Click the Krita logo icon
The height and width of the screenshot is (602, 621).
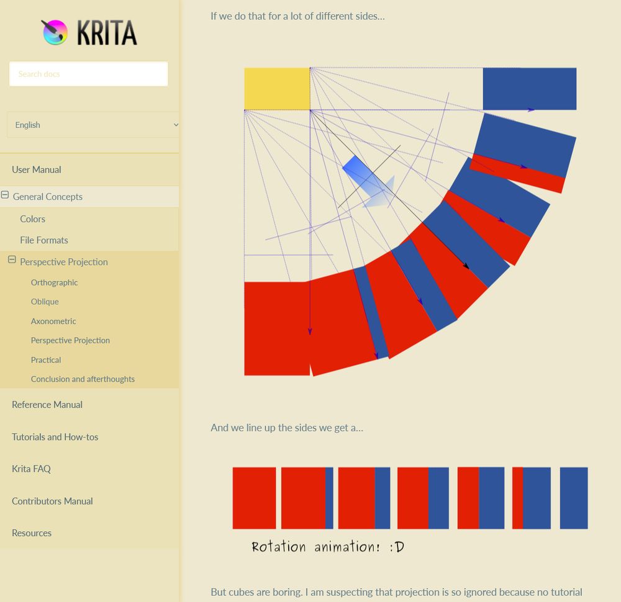[x=55, y=32]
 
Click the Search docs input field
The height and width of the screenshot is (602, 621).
[x=88, y=74]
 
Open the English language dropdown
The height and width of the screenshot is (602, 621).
[x=93, y=125]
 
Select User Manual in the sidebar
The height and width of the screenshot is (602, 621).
[x=37, y=169]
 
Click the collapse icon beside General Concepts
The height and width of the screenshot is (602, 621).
[x=5, y=195]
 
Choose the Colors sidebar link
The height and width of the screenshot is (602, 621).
[x=32, y=219]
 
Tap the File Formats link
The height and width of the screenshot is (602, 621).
[x=44, y=240]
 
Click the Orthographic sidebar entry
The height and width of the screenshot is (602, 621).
[x=55, y=282]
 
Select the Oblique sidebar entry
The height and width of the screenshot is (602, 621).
[x=45, y=302]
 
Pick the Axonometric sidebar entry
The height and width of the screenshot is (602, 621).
[x=53, y=321]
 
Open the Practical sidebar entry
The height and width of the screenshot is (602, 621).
[x=46, y=360]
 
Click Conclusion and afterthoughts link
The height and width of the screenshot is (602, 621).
[x=83, y=379]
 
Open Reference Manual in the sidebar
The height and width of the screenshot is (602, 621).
[x=47, y=405]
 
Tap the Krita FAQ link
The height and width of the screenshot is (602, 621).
[x=31, y=469]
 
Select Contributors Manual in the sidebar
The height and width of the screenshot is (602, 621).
[x=52, y=501]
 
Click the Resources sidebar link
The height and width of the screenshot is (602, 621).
[x=32, y=533]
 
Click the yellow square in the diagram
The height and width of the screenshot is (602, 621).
[x=276, y=89]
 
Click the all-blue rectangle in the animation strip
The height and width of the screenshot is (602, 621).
[x=574, y=498]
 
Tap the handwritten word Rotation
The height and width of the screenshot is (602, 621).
[x=279, y=547]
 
